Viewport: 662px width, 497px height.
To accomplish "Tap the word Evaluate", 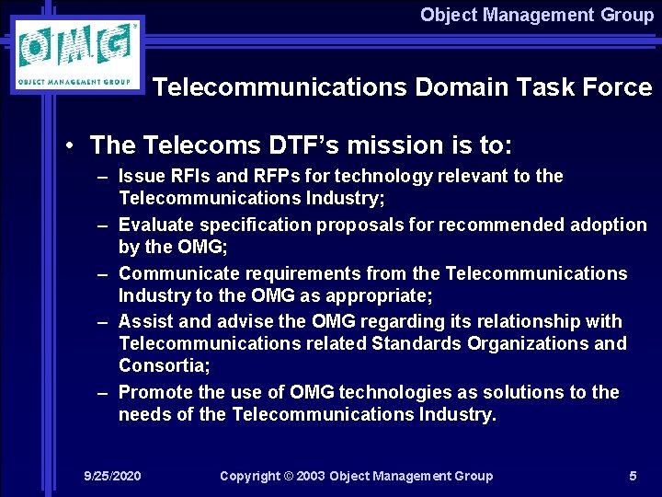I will pos(154,225).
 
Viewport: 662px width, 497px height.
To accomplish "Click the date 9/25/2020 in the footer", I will pos(112,476).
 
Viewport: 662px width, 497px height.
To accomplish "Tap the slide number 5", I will pos(633,476).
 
